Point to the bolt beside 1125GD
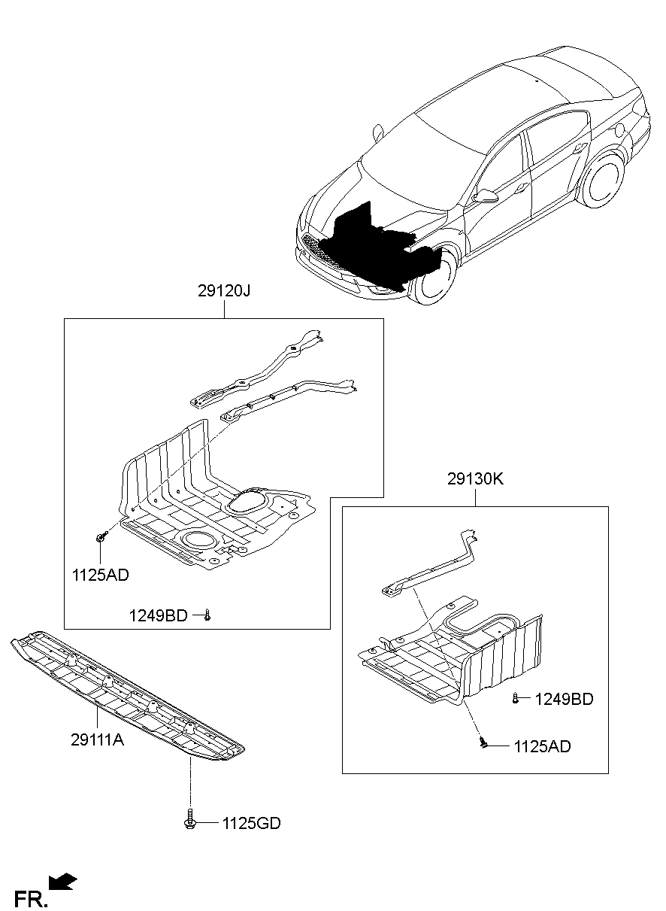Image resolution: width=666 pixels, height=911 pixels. (x=190, y=820)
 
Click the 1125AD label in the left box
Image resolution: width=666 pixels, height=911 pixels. (x=100, y=575)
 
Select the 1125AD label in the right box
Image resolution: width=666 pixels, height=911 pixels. (x=542, y=746)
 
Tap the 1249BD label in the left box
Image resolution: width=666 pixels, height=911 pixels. (x=157, y=616)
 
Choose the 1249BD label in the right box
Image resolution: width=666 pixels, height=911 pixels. (x=564, y=700)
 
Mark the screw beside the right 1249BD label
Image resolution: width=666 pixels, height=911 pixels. (x=516, y=698)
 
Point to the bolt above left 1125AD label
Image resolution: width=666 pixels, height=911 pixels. (x=101, y=537)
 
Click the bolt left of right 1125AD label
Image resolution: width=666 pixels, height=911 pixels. (x=484, y=744)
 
